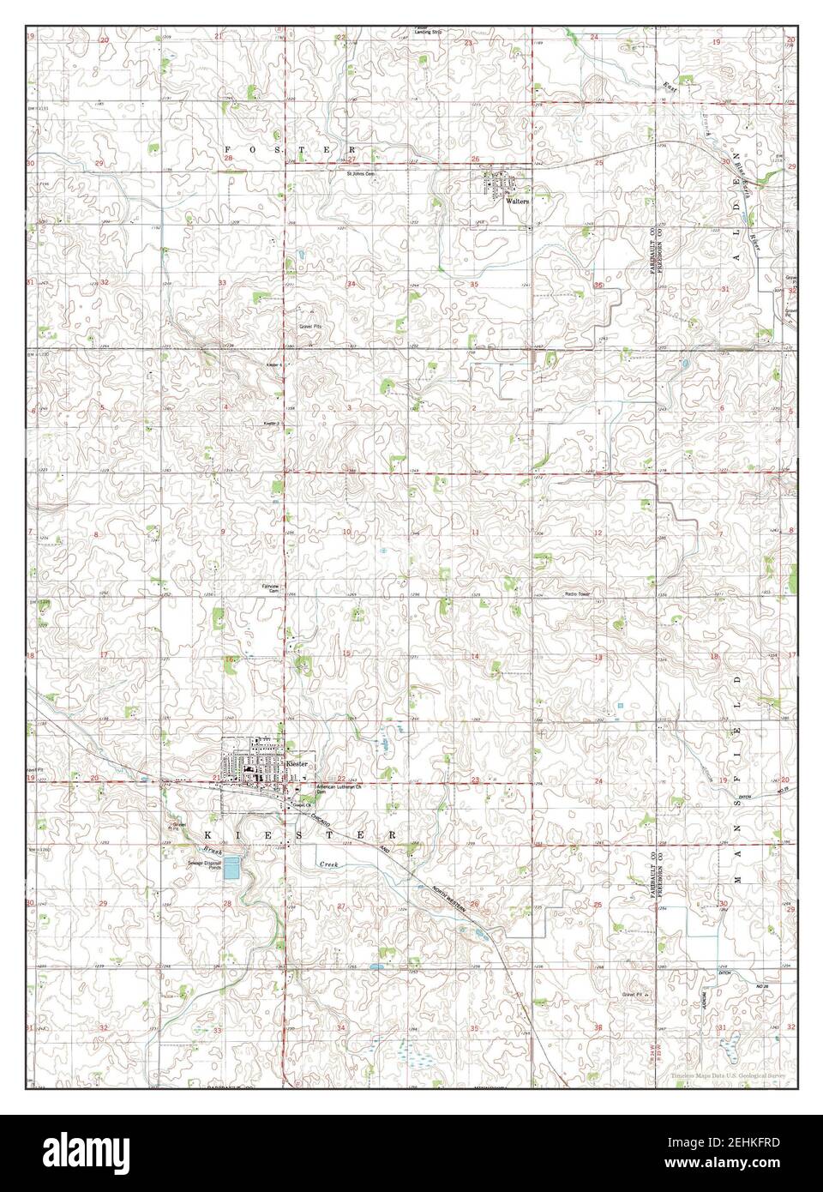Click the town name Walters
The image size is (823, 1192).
(x=518, y=202)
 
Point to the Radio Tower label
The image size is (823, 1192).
(x=578, y=593)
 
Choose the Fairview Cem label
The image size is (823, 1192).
(x=271, y=588)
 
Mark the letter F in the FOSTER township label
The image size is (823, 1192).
(x=228, y=147)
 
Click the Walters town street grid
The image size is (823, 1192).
(x=497, y=184)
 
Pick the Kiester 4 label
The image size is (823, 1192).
(x=273, y=364)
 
